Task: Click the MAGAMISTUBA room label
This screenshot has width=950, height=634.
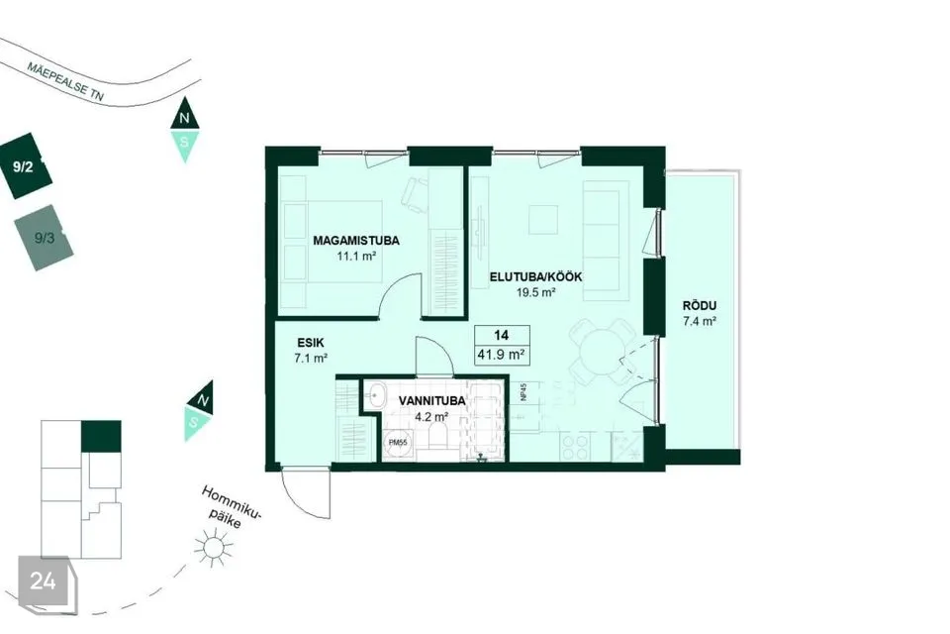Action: (356, 241)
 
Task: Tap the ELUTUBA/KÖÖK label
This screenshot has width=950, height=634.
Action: (535, 276)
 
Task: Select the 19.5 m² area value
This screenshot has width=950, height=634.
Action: (536, 292)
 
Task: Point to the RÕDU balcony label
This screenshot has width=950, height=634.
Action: (700, 306)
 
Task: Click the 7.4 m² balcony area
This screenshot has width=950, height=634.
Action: (700, 322)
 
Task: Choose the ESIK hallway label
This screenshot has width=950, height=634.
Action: (310, 342)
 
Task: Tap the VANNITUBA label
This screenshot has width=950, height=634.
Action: (432, 401)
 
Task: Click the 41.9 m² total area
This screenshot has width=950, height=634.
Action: (501, 355)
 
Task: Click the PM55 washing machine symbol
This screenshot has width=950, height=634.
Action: (398, 443)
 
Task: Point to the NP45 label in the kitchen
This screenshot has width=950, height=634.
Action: (522, 392)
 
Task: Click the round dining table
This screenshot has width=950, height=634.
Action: (600, 352)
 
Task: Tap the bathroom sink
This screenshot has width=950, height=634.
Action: (377, 395)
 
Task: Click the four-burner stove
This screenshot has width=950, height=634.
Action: (575, 447)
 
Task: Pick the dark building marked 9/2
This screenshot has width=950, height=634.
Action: (26, 166)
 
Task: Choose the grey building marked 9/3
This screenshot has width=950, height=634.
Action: (44, 238)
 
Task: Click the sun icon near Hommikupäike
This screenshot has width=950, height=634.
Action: (214, 547)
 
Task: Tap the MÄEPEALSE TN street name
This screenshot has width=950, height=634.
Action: (65, 80)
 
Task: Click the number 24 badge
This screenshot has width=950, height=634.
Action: (43, 581)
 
